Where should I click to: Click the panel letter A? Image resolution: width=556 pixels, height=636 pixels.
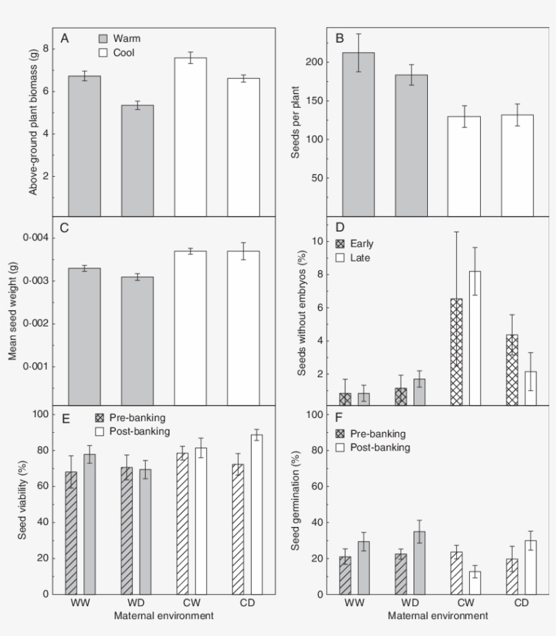click(x=64, y=39)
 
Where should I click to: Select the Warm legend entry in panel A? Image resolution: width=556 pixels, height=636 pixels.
click(x=119, y=39)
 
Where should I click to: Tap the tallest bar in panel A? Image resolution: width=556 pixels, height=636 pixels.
click(x=190, y=135)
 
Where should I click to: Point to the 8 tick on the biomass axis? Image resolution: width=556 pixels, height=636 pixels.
click(x=45, y=49)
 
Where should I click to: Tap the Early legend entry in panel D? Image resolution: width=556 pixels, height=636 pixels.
click(x=355, y=243)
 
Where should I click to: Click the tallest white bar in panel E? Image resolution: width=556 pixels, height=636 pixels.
click(x=256, y=514)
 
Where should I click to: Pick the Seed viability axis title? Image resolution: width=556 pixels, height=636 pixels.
click(x=23, y=504)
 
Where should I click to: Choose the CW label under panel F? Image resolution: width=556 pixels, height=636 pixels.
click(x=467, y=601)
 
